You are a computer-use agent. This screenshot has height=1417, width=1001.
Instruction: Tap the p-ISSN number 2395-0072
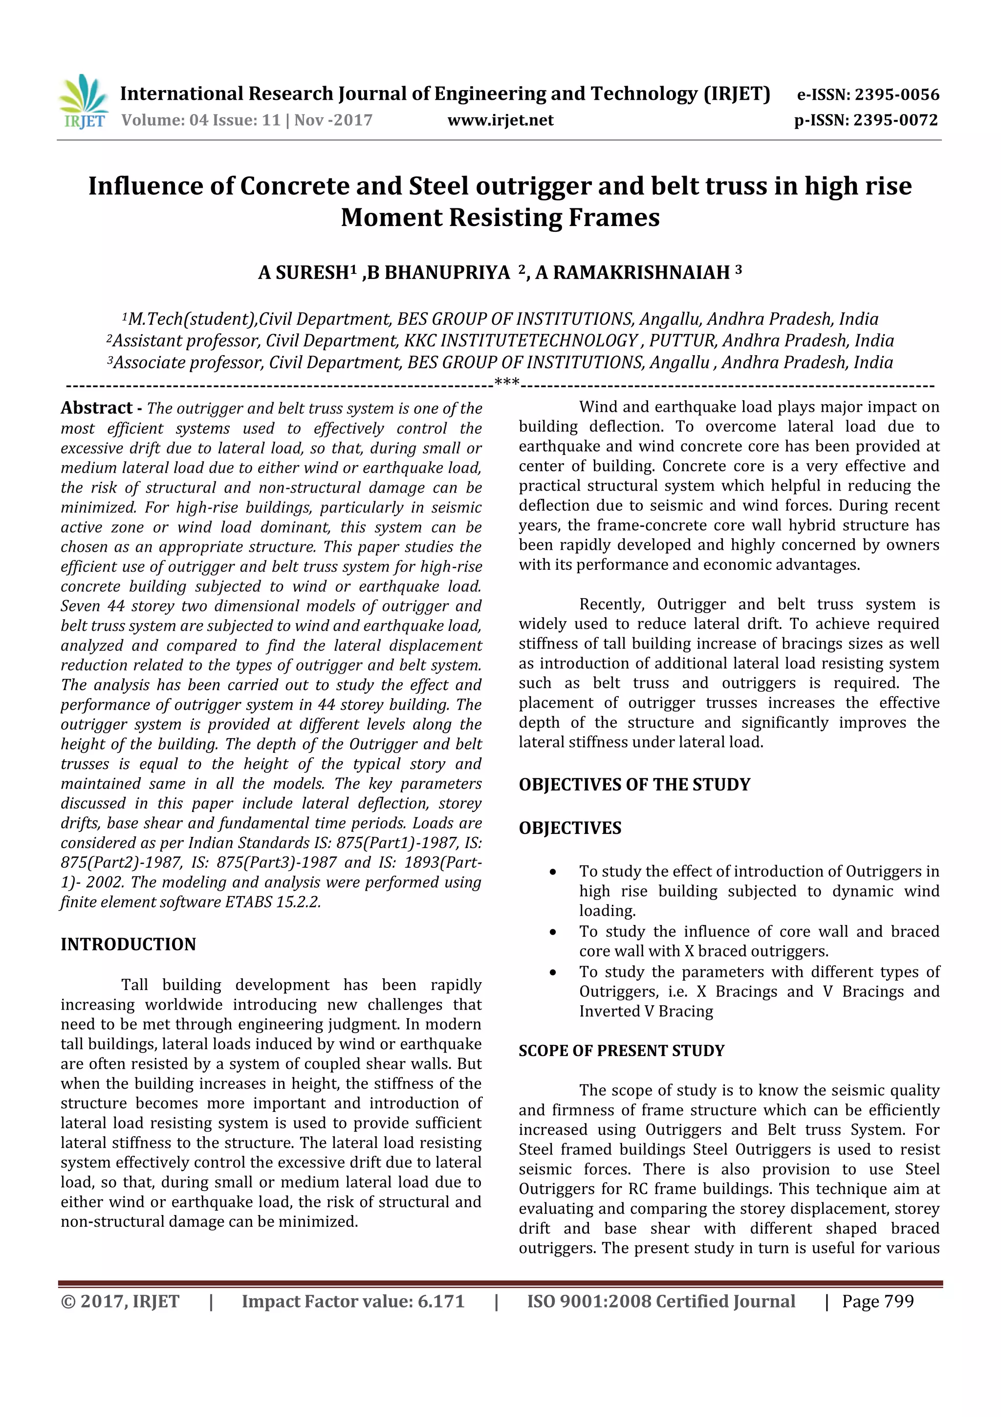click(x=895, y=120)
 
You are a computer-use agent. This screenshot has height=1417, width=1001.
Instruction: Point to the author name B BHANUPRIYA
click(x=438, y=273)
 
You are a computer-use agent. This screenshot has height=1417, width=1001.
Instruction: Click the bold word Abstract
click(x=96, y=408)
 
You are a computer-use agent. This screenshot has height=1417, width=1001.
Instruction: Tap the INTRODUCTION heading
click(x=128, y=944)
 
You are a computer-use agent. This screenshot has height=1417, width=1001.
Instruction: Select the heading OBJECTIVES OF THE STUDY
click(x=634, y=785)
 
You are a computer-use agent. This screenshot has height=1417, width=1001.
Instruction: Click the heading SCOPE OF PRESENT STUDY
click(x=621, y=1051)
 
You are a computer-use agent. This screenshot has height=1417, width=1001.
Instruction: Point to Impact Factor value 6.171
click(x=353, y=1302)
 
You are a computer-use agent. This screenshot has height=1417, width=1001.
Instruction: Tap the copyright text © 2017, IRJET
click(x=120, y=1302)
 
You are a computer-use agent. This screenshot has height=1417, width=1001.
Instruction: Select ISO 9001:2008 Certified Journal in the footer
click(x=660, y=1302)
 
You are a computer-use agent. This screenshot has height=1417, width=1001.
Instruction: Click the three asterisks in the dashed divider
click(x=507, y=383)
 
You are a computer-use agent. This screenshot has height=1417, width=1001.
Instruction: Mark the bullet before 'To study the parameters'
click(x=553, y=973)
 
